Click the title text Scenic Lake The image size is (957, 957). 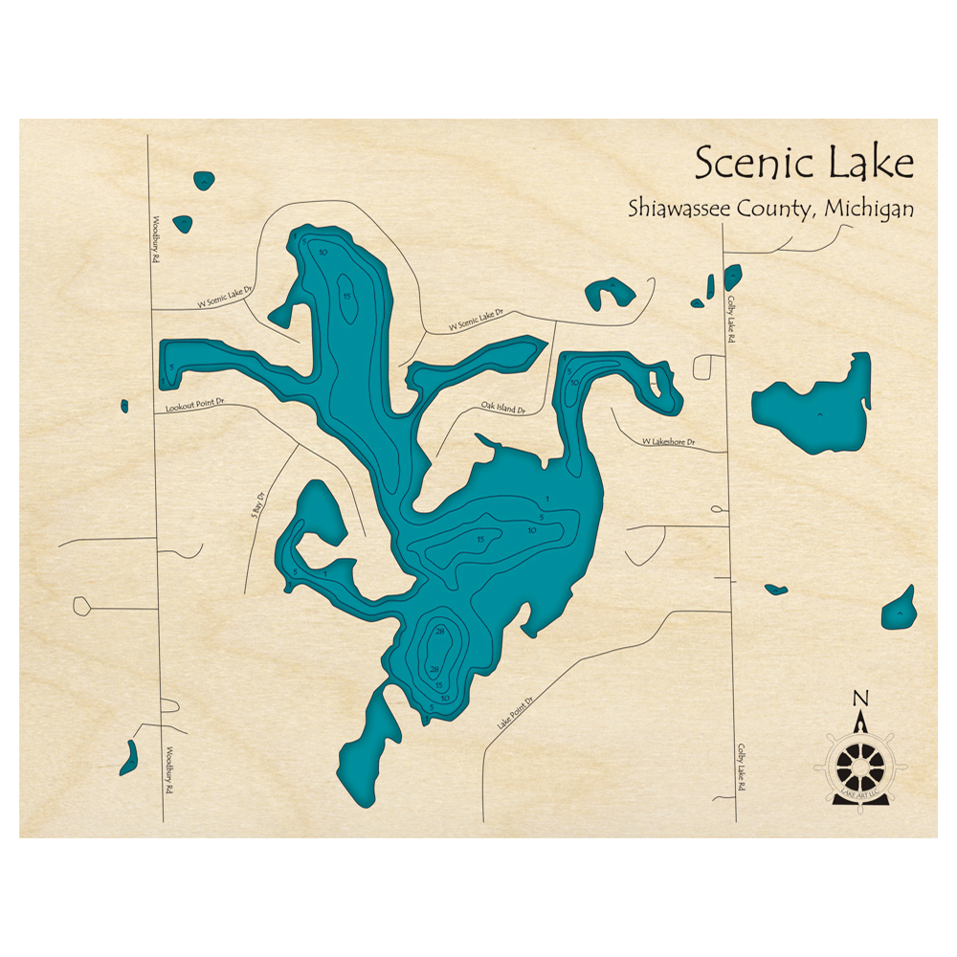804,163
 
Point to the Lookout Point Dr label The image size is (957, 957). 193,406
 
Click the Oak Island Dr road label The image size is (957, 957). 503,409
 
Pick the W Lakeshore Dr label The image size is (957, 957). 668,443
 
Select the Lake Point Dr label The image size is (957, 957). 513,713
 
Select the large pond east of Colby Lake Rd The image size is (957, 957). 816,407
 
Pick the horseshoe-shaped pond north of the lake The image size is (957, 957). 610,293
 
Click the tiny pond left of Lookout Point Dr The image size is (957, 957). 124,406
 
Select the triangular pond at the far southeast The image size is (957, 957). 901,609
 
